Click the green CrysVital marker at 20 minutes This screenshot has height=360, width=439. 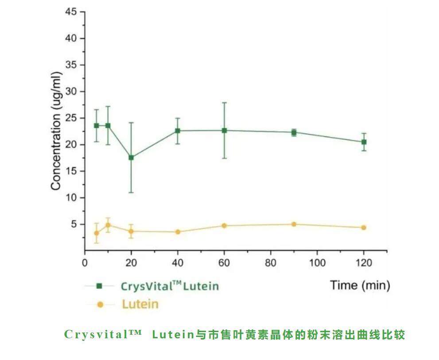131,157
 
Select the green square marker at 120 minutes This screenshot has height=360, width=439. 364,142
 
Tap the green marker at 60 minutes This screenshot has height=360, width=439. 225,130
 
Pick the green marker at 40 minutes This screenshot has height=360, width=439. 178,131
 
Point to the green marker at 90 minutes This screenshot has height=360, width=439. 294,132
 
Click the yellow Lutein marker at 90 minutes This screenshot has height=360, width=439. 294,224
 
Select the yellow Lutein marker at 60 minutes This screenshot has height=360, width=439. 224,226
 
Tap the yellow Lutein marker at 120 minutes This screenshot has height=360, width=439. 364,227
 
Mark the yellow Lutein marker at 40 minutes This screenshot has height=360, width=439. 178,232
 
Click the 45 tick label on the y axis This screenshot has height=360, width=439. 71,12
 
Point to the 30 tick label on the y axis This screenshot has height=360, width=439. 71,91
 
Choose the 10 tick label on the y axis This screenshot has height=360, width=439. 71,198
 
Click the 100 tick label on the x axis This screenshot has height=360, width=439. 317,263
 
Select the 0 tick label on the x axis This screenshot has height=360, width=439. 85,263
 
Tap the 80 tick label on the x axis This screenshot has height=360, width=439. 271,263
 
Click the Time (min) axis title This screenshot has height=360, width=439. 360,285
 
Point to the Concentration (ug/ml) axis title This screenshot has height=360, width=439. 56,133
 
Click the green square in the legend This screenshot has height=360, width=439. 100,286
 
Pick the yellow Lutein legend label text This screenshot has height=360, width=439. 140,305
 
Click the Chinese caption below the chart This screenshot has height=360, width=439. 235,334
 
